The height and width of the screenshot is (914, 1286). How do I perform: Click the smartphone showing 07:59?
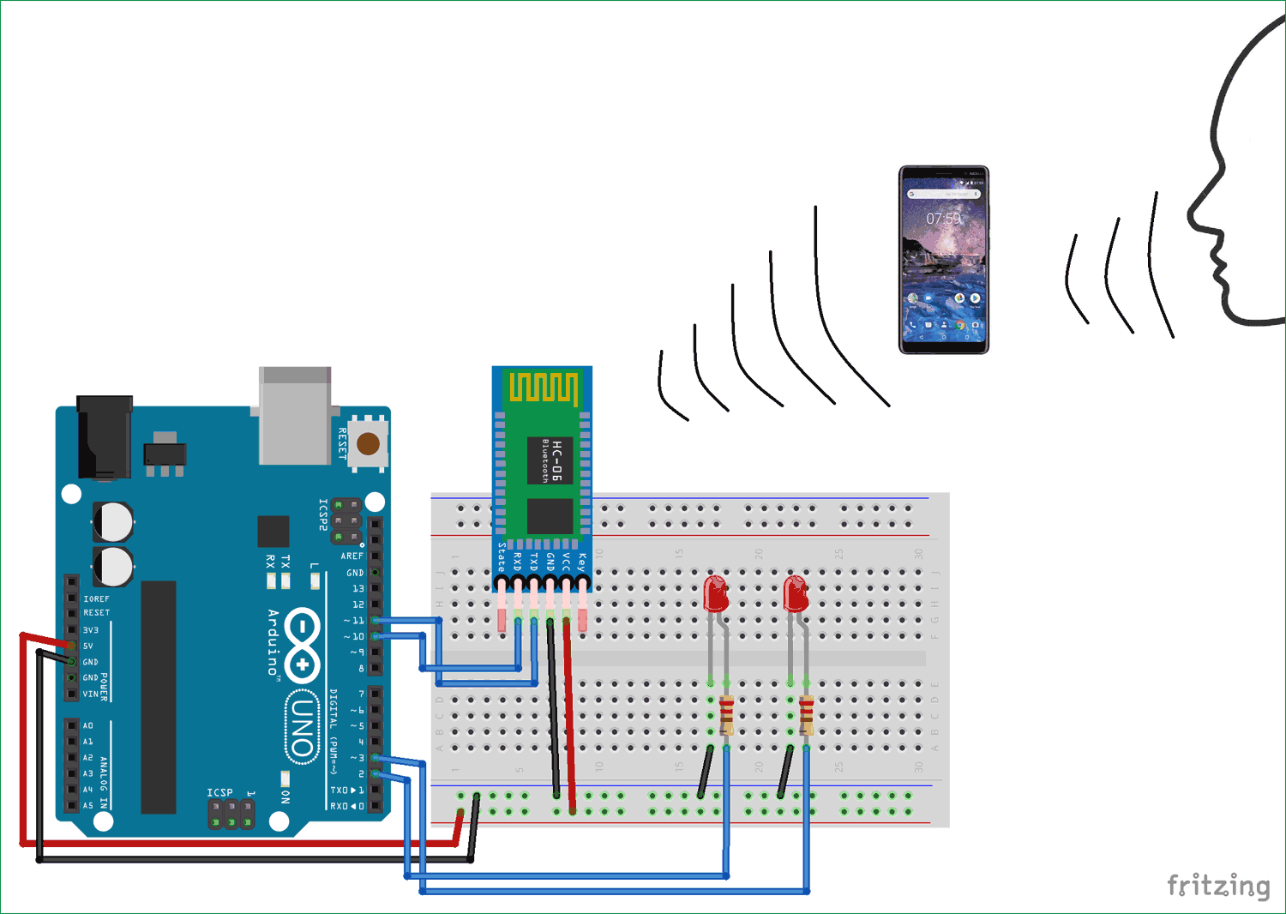[x=943, y=260]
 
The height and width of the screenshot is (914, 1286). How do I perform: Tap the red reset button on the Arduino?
[x=368, y=443]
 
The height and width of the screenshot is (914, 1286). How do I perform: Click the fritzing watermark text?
[x=1217, y=885]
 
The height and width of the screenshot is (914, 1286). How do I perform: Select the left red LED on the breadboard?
[x=715, y=593]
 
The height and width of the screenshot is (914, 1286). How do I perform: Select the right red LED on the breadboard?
[x=796, y=593]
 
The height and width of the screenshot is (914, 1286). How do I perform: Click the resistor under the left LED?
[x=726, y=715]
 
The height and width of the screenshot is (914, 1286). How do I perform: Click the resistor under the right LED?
[x=806, y=715]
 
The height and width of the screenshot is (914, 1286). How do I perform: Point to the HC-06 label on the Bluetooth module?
[x=556, y=460]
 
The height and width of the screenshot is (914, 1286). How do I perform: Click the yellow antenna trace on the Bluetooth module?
[x=544, y=388]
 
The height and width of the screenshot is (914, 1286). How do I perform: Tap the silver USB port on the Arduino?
[x=295, y=417]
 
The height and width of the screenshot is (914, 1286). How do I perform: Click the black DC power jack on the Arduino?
[x=105, y=436]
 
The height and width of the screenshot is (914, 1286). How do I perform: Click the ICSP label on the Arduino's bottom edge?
[x=219, y=792]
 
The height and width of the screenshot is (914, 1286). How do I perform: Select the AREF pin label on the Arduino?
[x=352, y=556]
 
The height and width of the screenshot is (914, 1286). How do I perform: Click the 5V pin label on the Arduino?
[x=88, y=646]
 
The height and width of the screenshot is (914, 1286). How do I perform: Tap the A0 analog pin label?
[x=87, y=725]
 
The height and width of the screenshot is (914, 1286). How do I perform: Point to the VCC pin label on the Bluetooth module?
[x=566, y=562]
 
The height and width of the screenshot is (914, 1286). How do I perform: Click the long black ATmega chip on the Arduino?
[x=159, y=696]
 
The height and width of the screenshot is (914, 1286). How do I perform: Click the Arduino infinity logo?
[x=302, y=641]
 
